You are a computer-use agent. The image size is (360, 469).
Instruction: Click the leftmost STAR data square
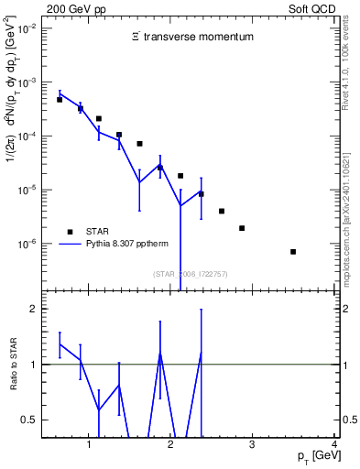pyautogui.click(x=60, y=100)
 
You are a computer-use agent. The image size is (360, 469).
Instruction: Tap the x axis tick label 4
pyautogui.click(x=334, y=446)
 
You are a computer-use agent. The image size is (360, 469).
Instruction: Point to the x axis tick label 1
pyautogui.click(x=89, y=446)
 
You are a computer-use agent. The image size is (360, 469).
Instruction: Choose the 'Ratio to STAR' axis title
pyautogui.click(x=12, y=365)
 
